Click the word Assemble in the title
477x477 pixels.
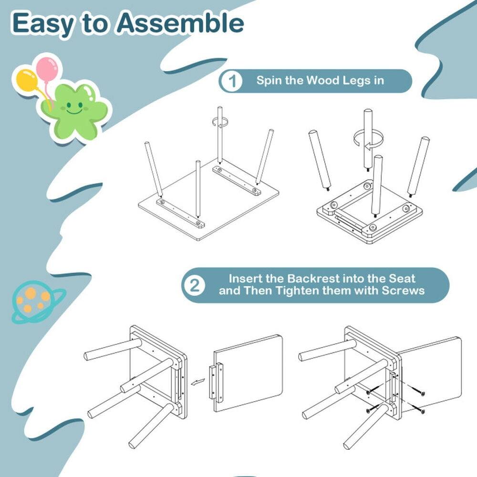click(x=181, y=23)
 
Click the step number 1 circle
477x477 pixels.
click(x=232, y=81)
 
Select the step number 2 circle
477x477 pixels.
click(x=195, y=285)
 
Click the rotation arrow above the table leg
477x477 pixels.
click(x=220, y=123)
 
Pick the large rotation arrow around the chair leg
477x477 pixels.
click(x=368, y=139)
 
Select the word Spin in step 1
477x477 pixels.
click(x=270, y=80)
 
